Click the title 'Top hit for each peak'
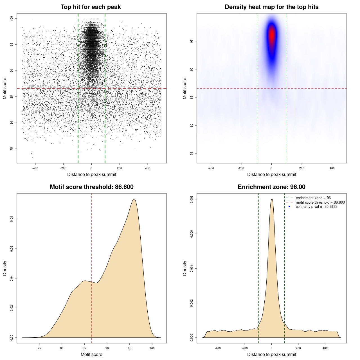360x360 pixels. point(91,7)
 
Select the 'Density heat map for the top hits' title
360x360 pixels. point(271,7)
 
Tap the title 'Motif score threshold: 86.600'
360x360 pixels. point(91,187)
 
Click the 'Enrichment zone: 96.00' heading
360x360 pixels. point(271,187)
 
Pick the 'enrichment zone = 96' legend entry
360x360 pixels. point(313,198)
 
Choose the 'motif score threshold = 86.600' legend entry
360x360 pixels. point(320,202)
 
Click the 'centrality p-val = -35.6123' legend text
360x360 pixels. point(316,207)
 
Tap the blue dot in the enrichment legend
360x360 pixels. point(289,207)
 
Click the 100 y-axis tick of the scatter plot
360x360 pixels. point(12,19)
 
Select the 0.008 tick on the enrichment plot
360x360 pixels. point(192,199)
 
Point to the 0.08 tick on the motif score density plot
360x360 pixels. point(12,219)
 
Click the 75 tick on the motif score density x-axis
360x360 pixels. point(39,348)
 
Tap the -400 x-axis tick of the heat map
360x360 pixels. point(211,168)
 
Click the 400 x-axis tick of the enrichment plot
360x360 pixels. point(325,348)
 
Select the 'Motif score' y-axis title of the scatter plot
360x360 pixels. point(5,88)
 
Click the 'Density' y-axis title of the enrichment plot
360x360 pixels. point(185,268)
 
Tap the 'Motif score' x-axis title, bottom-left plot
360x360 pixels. point(91,354)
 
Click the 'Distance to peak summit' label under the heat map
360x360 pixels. point(271,174)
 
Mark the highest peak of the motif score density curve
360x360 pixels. point(134,199)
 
